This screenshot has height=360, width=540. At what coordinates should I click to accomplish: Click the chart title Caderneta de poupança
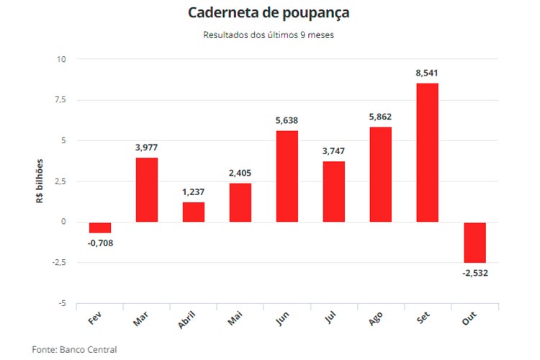pyautogui.click(x=269, y=13)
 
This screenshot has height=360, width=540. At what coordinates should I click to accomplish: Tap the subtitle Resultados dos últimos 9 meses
pyautogui.click(x=269, y=35)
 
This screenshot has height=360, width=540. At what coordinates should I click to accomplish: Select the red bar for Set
pyautogui.click(x=427, y=153)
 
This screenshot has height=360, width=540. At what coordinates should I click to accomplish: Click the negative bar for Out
pyautogui.click(x=474, y=243)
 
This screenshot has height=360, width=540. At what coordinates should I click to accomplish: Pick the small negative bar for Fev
pyautogui.click(x=100, y=228)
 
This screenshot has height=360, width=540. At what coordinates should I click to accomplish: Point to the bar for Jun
pyautogui.click(x=287, y=176)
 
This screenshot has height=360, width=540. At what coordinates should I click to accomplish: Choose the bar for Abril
pyautogui.click(x=194, y=212)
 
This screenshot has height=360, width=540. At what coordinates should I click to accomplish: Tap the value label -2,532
pyautogui.click(x=474, y=273)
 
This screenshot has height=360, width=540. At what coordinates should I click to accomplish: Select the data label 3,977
pyautogui.click(x=147, y=148)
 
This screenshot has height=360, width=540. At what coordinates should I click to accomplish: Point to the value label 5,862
pyautogui.click(x=381, y=117)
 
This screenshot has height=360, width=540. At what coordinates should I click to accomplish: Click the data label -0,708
pyautogui.click(x=100, y=243)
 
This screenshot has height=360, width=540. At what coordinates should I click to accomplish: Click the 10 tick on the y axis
pyautogui.click(x=61, y=59)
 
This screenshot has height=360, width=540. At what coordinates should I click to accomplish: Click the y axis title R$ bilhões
pyautogui.click(x=40, y=181)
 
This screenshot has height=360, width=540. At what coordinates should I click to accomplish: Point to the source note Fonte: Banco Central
pyautogui.click(x=74, y=349)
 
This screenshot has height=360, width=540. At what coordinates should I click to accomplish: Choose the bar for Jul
pyautogui.click(x=333, y=192)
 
